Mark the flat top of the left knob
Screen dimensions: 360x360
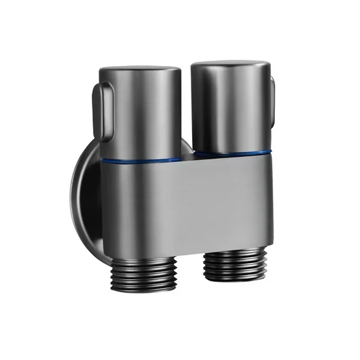click(139, 70)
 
